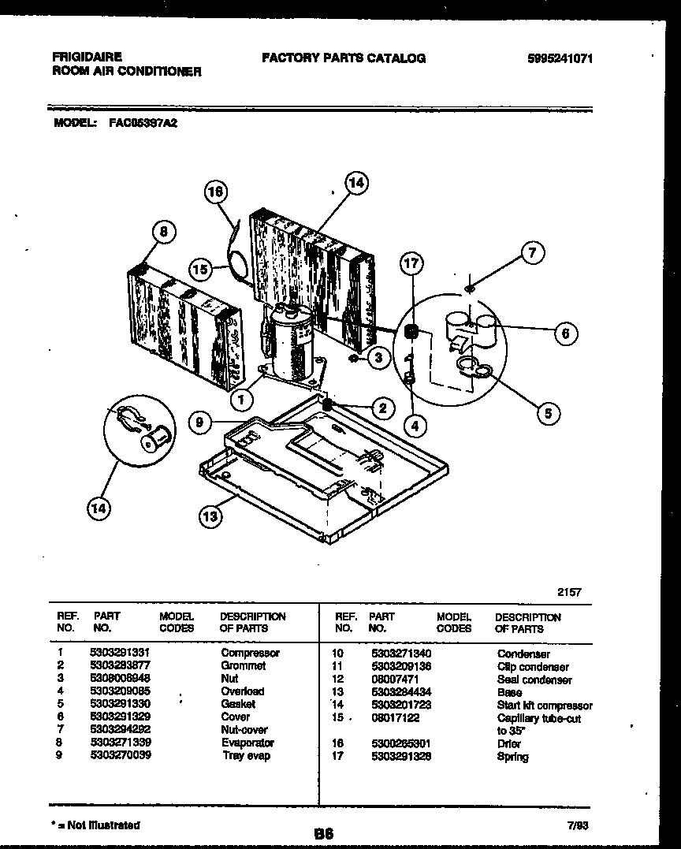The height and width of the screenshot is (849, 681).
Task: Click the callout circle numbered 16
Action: coord(216,192)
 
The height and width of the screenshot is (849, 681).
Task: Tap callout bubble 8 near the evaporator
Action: coord(163,231)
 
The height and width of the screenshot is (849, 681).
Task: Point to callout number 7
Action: coord(532,253)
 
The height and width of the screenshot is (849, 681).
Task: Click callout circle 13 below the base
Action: coord(210,517)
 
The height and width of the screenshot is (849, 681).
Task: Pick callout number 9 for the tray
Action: coord(201,423)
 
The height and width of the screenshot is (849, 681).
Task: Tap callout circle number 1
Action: coord(242,400)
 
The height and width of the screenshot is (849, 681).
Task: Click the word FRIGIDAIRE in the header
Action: coord(87,58)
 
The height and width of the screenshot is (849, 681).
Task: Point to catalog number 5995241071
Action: coord(561,58)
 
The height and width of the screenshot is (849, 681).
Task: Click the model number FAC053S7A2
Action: coord(142,124)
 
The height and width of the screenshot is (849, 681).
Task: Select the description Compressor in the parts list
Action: coord(250,654)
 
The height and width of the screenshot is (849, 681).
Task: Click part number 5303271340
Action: coord(401,654)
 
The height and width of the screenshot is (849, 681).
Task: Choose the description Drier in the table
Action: coord(508,744)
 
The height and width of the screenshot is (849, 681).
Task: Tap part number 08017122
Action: coord(394,718)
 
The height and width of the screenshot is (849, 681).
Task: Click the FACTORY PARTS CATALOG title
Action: coord(343,58)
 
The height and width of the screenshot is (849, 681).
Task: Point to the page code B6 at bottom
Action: coord(323,832)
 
